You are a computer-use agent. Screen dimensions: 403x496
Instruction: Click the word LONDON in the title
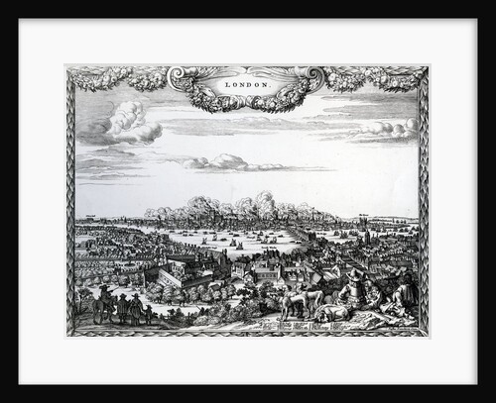247,85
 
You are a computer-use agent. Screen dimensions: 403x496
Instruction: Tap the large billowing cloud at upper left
121,124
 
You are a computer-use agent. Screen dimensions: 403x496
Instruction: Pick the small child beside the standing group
150,314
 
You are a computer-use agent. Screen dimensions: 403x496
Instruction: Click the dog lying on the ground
334,313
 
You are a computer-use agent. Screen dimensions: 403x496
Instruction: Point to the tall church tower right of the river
368,238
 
